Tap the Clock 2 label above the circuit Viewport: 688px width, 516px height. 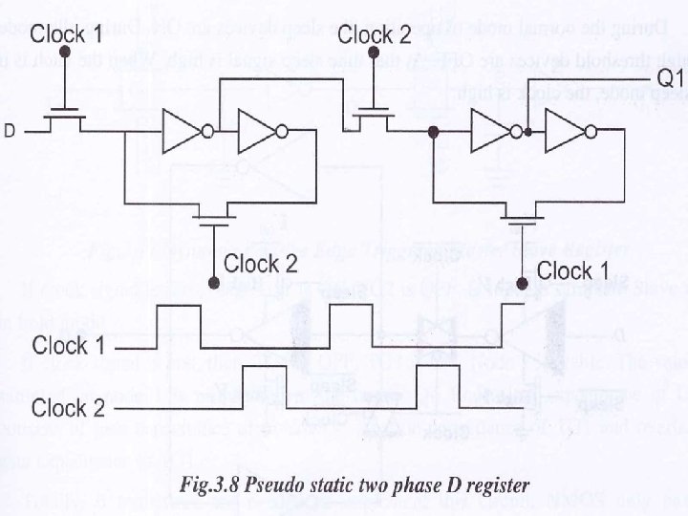coord(375,36)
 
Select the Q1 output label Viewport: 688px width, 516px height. coord(670,75)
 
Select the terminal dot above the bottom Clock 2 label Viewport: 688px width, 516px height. coord(217,284)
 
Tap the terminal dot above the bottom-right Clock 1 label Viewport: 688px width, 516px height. coord(523,284)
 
